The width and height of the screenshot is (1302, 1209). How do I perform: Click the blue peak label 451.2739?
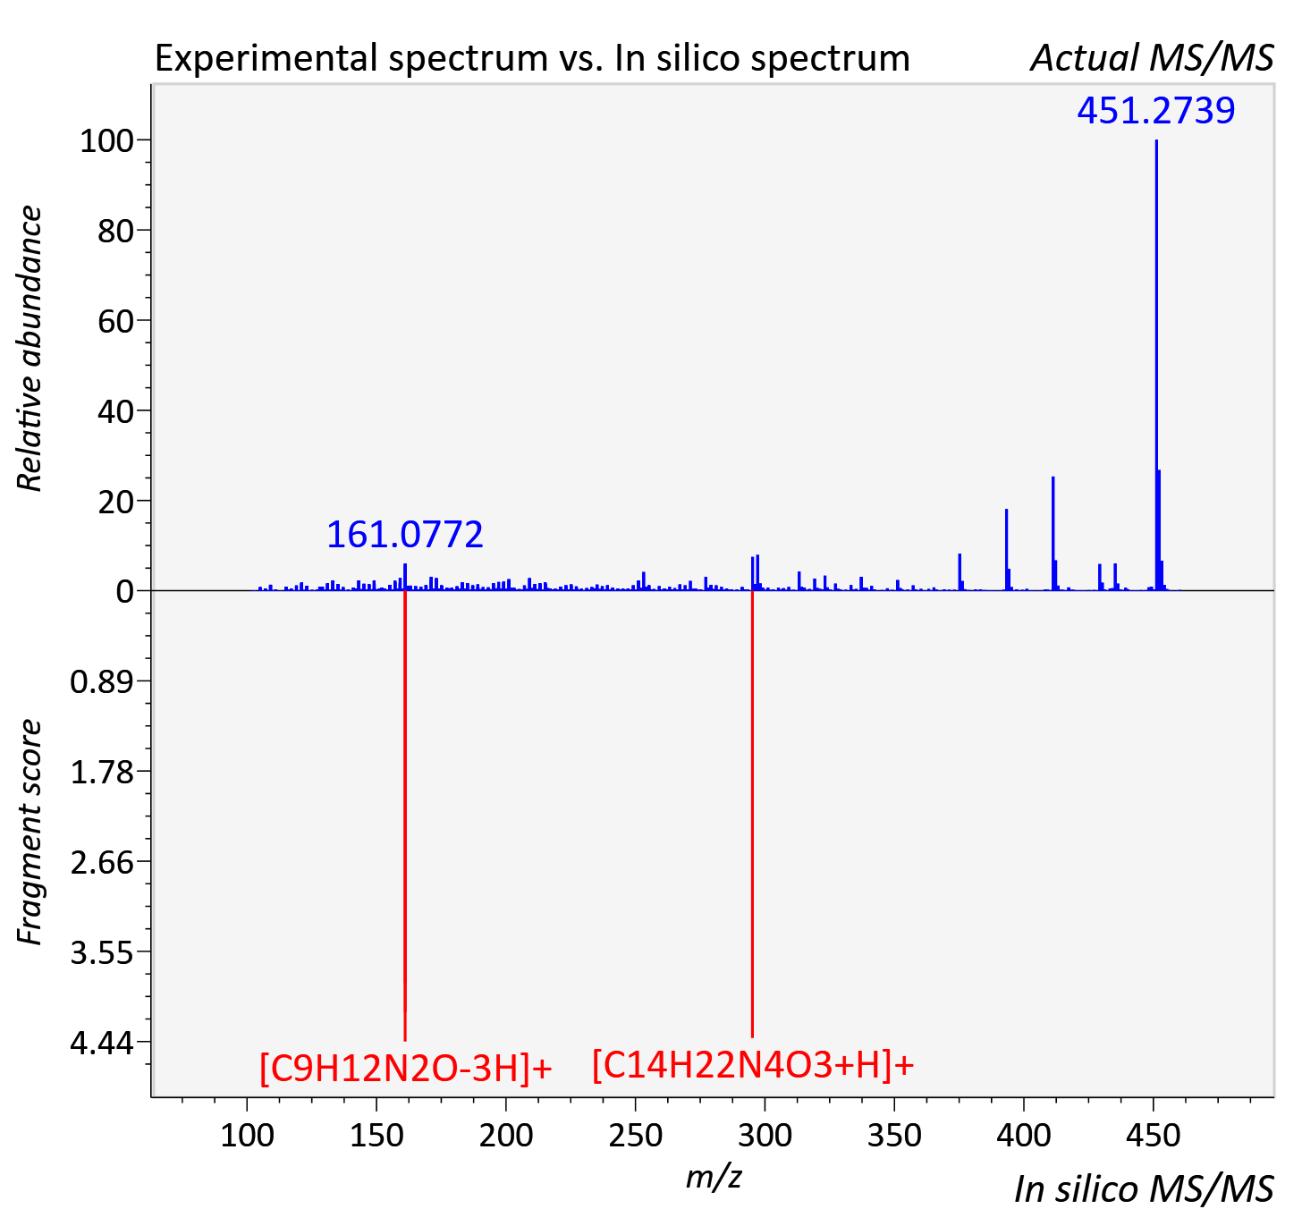point(1156,110)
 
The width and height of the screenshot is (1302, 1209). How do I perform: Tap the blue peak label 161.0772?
point(404,535)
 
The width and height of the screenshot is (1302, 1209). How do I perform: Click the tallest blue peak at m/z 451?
point(1156,365)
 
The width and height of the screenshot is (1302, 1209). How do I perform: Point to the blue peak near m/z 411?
point(1053,534)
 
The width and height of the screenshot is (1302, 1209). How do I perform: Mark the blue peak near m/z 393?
point(1006,549)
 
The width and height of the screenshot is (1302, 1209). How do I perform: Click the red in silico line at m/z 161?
point(405,816)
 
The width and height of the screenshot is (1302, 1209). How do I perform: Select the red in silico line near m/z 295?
point(752,815)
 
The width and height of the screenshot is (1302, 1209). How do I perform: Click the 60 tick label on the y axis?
point(115,321)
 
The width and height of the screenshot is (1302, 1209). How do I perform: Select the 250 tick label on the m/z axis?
point(635,1136)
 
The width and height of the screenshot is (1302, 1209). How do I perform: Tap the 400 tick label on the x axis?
point(1023,1136)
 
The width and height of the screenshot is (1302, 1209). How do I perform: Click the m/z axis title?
point(714,1177)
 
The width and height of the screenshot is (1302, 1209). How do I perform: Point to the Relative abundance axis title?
point(30,348)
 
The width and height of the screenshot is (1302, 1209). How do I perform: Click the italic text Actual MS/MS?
point(1153,58)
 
